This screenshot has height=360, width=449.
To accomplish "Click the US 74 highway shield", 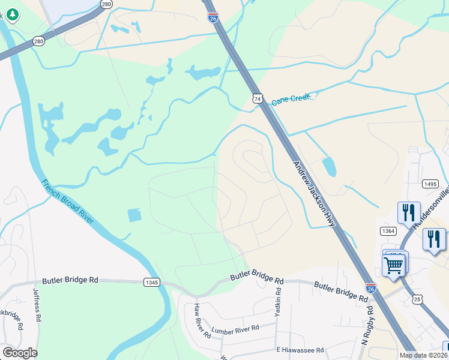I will [x=258, y=98].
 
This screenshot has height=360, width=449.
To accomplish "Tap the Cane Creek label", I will [x=291, y=98].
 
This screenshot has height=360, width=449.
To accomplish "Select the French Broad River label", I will [x=67, y=202].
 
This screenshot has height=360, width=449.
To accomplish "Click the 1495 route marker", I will [x=429, y=184].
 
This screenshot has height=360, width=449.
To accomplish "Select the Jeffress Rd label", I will [x=37, y=307].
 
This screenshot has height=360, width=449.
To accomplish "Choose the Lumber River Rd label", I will [x=235, y=329].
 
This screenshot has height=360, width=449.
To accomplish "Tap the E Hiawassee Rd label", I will [x=300, y=350].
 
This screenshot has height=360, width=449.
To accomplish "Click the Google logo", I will [x=19, y=353].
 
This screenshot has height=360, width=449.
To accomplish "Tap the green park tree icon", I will [x=12, y=14].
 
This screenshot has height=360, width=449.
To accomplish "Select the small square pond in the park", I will [x=135, y=215].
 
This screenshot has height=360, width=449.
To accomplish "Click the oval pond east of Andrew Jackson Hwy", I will [x=329, y=167].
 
